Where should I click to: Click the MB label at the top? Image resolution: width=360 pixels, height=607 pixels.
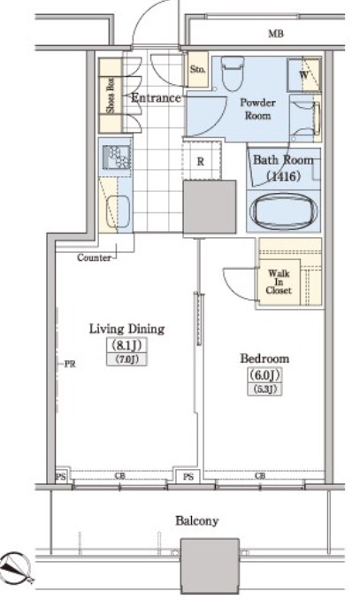(276, 34)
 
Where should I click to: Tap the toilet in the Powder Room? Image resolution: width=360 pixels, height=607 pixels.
(233, 73)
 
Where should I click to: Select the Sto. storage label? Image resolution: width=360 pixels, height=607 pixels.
(197, 69)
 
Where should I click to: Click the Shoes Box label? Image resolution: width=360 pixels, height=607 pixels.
(111, 96)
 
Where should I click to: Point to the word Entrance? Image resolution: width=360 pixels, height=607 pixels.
(156, 97)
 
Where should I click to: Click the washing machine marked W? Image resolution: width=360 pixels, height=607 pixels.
(304, 74)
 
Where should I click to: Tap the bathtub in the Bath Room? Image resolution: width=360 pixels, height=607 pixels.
(283, 211)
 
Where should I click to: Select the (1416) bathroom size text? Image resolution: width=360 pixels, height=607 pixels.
(284, 177)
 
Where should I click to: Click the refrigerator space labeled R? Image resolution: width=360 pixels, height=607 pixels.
(202, 161)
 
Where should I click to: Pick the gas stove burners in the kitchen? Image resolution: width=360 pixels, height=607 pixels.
(117, 157)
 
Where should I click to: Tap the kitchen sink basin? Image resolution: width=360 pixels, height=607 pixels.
(118, 211)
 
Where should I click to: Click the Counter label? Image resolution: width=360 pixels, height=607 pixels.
(94, 257)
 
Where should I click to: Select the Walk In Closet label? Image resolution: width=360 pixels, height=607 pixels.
(279, 281)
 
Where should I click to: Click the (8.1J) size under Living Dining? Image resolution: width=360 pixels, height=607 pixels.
(126, 344)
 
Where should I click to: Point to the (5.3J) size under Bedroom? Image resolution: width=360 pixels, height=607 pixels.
(264, 389)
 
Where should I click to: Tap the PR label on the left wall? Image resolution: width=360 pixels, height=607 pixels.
(70, 364)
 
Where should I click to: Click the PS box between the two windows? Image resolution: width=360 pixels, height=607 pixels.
(188, 477)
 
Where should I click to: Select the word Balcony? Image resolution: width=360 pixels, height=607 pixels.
(196, 521)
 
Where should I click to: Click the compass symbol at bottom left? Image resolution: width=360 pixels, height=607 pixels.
(16, 567)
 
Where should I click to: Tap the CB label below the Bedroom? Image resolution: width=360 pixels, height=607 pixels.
(260, 476)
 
